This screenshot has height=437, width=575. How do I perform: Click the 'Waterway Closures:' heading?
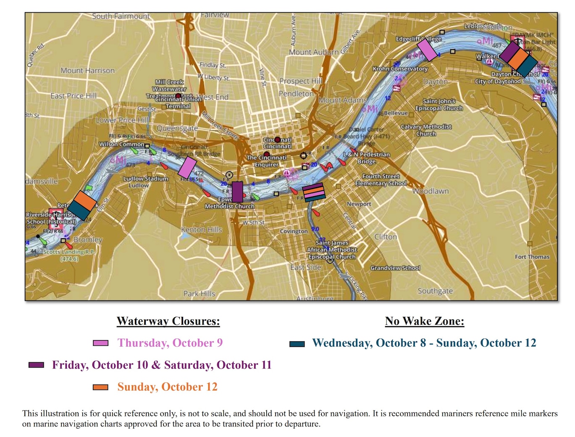tap(168, 321)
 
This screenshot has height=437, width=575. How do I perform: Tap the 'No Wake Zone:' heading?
tap(424, 321)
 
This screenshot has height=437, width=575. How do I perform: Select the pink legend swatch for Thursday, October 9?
tap(100, 343)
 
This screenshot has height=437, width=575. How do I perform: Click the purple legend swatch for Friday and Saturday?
tap(36, 365)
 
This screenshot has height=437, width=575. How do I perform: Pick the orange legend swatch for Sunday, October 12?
tap(100, 387)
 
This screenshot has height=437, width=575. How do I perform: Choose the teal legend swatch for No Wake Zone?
tap(297, 344)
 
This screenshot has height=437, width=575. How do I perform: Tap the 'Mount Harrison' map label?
tap(87, 71)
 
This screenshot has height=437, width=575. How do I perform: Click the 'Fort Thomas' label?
tap(532, 257)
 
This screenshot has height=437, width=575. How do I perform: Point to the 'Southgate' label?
tap(435, 291)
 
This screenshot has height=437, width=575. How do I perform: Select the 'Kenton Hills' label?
tap(202, 230)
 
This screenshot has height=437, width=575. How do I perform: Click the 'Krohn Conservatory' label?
tap(400, 69)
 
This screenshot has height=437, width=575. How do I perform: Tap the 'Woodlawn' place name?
tap(430, 191)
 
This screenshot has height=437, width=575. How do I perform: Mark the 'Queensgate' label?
tap(177, 129)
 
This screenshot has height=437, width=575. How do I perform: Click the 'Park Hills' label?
tap(199, 294)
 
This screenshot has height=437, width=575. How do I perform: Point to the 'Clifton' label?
tap(386, 237)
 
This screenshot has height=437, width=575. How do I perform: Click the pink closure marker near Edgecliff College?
tap(428, 50)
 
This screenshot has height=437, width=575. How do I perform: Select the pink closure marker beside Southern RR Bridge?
tap(187, 168)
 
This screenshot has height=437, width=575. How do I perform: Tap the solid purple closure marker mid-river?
tap(237, 192)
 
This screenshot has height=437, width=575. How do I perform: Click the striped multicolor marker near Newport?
tap(314, 192)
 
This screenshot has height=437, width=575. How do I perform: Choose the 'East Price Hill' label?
tap(74, 96)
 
